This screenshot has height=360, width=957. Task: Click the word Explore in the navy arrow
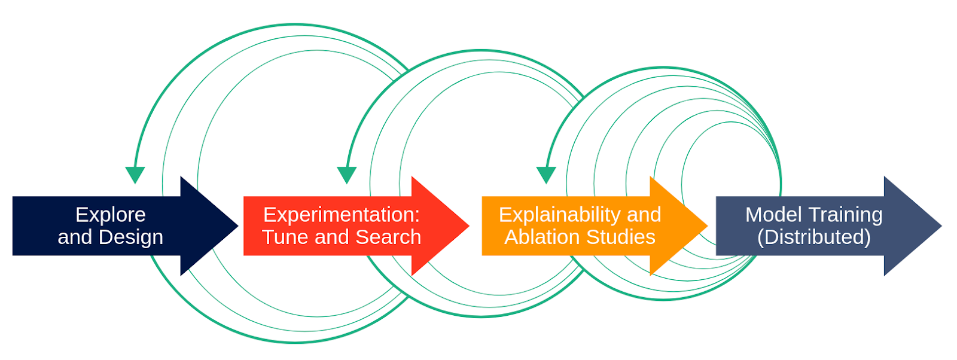pyautogui.click(x=111, y=215)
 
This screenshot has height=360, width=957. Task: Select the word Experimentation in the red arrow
pyautogui.click(x=339, y=215)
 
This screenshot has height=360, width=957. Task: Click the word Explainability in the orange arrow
pyautogui.click(x=559, y=215)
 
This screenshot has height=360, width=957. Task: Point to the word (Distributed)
pyautogui.click(x=813, y=237)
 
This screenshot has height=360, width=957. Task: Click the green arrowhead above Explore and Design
pyautogui.click(x=135, y=175)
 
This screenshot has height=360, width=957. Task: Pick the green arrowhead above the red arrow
pyautogui.click(x=347, y=175)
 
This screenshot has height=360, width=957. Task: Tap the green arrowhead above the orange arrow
pyautogui.click(x=546, y=175)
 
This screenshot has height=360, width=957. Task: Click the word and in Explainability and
pyautogui.click(x=644, y=215)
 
